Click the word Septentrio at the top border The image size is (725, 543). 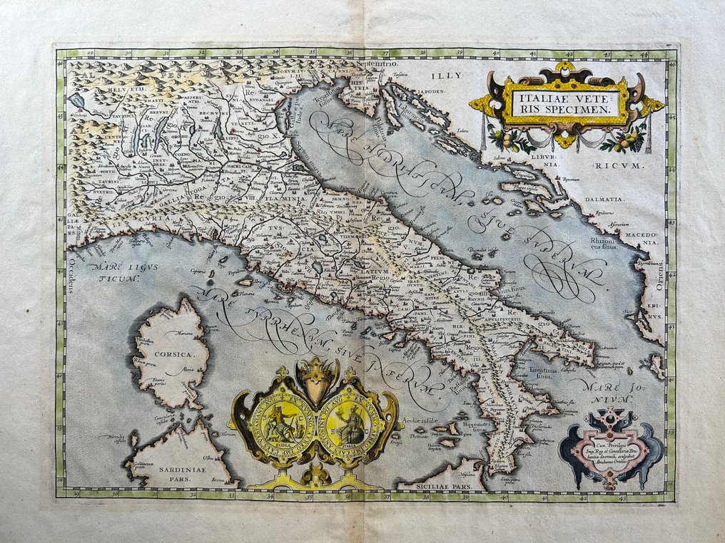[375, 64]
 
